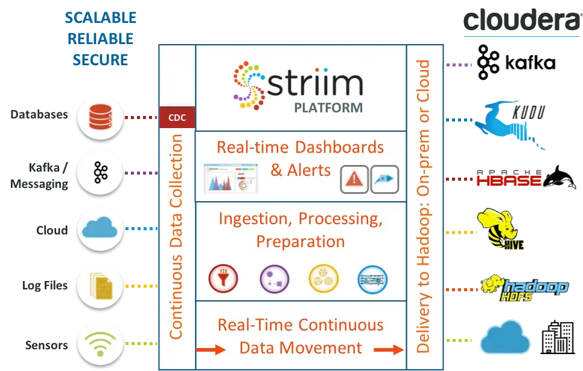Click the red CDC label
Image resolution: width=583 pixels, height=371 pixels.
tap(177, 117)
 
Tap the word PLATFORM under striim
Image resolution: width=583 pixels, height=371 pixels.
tap(328, 108)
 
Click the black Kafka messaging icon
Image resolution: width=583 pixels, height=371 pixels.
tap(100, 173)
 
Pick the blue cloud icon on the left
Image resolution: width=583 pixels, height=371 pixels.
tap(100, 229)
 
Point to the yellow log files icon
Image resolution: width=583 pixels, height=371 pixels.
tap(100, 285)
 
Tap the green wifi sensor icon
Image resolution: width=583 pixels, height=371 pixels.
tap(100, 344)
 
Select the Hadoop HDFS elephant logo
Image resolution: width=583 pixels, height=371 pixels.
tap(524, 288)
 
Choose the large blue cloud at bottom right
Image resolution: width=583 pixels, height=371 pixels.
tap(510, 338)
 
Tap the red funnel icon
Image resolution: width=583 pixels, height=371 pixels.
tap(223, 279)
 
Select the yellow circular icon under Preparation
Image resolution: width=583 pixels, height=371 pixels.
tap(323, 279)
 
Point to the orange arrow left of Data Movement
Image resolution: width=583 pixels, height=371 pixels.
tap(211, 349)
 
